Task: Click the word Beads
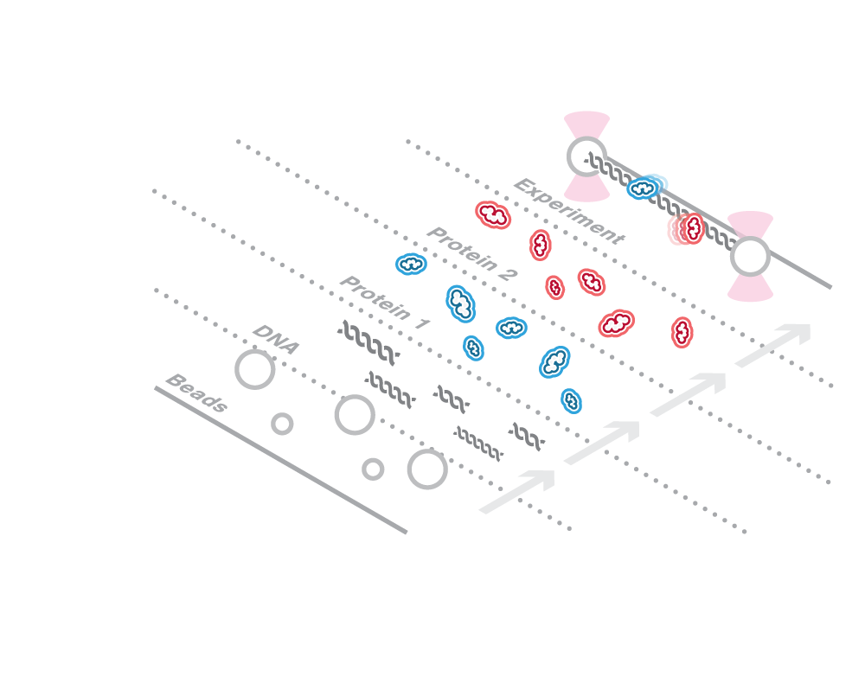196,393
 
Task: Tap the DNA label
276,340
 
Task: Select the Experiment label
568,212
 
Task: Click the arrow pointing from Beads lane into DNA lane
517,491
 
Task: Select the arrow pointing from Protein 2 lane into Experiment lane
773,345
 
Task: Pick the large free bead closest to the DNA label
255,369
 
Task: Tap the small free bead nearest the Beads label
282,424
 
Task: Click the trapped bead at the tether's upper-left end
586,156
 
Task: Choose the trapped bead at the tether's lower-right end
749,257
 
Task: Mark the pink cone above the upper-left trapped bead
586,124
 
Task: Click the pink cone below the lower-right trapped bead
750,289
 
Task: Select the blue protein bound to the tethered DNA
646,187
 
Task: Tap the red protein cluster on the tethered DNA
687,229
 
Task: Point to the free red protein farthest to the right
682,332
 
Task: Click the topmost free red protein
493,214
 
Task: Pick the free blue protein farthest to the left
411,264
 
